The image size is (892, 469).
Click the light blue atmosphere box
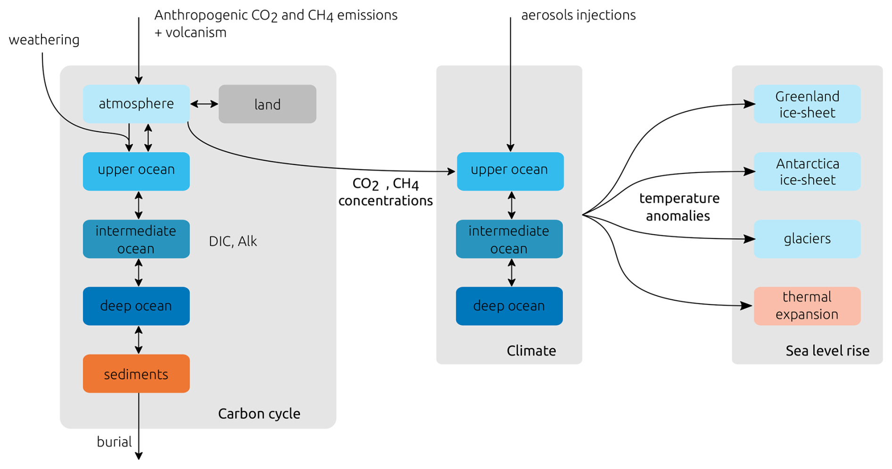[x=136, y=104]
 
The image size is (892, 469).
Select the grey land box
[x=267, y=104]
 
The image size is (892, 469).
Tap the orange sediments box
[x=136, y=374]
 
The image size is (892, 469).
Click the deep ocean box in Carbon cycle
[x=136, y=306]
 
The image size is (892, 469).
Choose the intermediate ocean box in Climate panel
[x=509, y=239]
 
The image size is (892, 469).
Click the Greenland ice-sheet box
[x=807, y=104]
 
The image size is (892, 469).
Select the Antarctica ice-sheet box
[x=807, y=172]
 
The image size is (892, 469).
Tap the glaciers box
[x=807, y=239]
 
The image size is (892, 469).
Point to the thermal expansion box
[x=807, y=306]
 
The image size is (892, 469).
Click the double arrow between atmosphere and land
[x=204, y=104]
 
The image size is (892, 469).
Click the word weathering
[x=44, y=40]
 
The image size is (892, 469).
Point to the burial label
[x=114, y=442]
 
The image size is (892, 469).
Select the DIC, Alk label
[x=233, y=241]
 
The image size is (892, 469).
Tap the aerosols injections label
[x=578, y=15]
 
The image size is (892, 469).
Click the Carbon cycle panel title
[x=259, y=413]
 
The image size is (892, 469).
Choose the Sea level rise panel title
[x=827, y=351]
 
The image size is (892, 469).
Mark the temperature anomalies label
[x=679, y=207]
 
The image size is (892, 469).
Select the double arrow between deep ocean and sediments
[x=139, y=340]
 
